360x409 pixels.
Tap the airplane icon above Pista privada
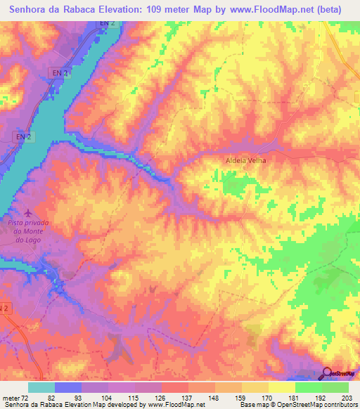click(27, 212)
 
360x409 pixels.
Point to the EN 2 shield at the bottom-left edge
click(5, 308)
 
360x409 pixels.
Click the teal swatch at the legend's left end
click(41, 387)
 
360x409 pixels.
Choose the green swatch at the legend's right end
click(335, 387)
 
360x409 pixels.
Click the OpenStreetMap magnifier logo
click(328, 372)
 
